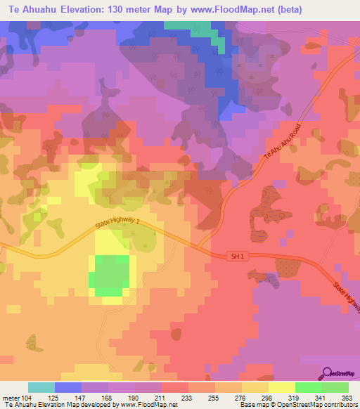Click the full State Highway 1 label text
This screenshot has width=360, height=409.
pos(122,229)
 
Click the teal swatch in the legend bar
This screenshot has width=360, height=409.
pos(41,387)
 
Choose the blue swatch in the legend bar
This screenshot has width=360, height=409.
pos(68,387)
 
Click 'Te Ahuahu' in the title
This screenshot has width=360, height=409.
pos(32,8)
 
